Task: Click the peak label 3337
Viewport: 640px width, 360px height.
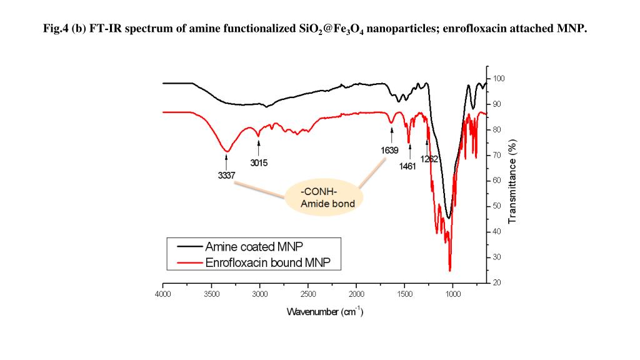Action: [x=226, y=176]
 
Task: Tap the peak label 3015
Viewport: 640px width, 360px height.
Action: [x=259, y=163]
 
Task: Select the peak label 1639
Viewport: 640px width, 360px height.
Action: [x=390, y=150]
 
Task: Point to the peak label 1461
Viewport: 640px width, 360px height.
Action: [x=407, y=166]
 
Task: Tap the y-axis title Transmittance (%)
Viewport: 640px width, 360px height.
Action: [x=512, y=181]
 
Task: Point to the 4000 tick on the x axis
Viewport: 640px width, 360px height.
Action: [x=163, y=294]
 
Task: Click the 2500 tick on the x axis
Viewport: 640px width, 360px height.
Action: [x=308, y=294]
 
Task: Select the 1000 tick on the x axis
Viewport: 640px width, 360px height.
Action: [x=453, y=294]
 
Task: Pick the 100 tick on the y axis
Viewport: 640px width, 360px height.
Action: [x=498, y=79]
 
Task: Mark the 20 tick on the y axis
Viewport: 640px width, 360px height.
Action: [x=497, y=283]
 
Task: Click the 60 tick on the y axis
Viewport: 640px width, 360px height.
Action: [x=497, y=181]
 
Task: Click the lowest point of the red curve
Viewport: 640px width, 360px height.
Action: [x=449, y=271]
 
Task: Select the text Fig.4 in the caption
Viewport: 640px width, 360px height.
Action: [x=56, y=29]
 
